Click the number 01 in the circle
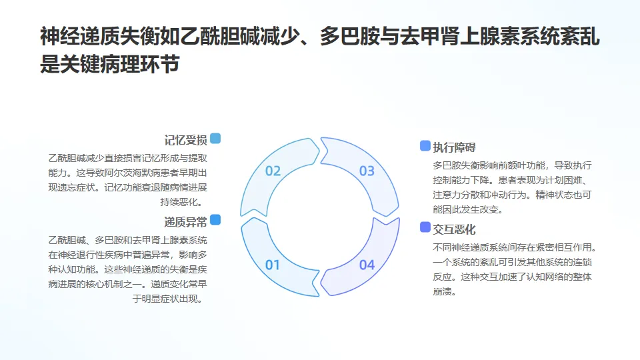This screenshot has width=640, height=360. pos(273,265)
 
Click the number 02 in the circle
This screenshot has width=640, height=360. pos(273,171)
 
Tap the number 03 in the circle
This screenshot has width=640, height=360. pos(367,171)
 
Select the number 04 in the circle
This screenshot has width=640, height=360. pos(367,265)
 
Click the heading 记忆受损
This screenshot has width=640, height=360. pos(185,140)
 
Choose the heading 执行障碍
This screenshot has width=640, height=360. pos(454,147)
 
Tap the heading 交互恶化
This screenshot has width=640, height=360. pos(454,229)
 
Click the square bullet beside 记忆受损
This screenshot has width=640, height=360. pos(215,139)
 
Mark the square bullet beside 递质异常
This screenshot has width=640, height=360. pos(215,220)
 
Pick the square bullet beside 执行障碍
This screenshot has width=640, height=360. pos(425,146)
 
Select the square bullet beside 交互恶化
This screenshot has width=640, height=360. pos(425,227)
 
